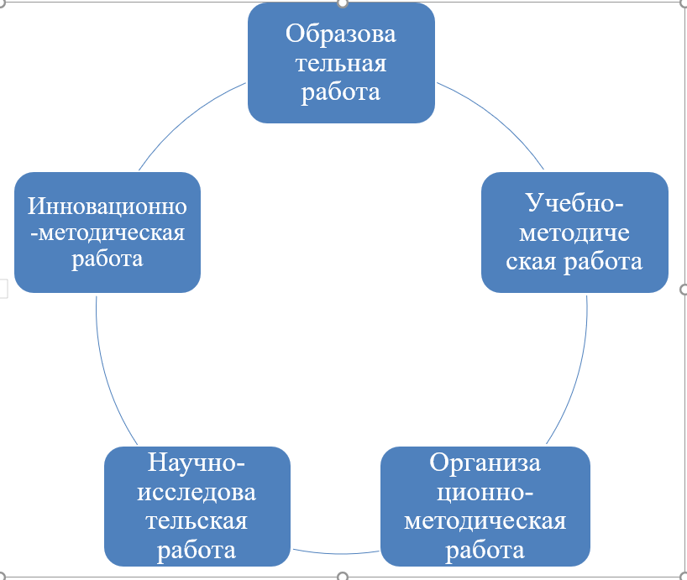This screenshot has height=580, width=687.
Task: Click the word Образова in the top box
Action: click(x=341, y=34)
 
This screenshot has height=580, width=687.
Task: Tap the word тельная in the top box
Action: click(x=341, y=63)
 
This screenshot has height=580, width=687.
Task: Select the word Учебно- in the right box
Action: click(x=575, y=203)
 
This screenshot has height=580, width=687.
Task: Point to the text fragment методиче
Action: click(x=575, y=232)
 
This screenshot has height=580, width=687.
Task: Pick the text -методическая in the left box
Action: click(x=108, y=232)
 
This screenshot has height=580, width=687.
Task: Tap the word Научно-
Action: click(x=197, y=463)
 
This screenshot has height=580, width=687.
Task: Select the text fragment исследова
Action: click(x=197, y=492)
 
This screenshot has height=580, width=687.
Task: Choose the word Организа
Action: click(x=485, y=463)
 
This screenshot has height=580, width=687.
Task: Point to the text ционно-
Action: click(x=485, y=492)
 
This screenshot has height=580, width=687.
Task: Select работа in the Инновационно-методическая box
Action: click(x=108, y=259)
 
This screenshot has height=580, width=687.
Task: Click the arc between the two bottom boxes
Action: click(x=336, y=553)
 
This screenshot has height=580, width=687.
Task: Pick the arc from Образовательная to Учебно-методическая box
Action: click(x=496, y=118)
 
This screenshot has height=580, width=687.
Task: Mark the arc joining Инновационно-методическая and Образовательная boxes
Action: click(x=189, y=117)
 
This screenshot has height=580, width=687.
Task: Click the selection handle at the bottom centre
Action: click(x=342, y=577)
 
